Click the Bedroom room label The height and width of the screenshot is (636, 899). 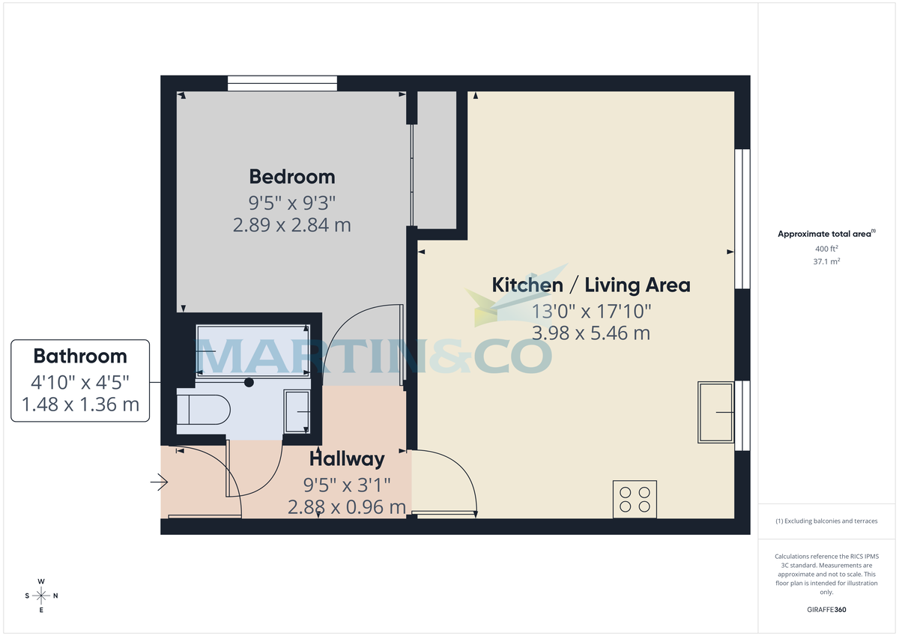292,177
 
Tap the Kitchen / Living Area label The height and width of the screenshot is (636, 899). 590,285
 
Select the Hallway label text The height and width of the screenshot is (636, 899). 347,458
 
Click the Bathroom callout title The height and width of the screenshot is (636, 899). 80,357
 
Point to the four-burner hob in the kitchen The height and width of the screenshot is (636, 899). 635,499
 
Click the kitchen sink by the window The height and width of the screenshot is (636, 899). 715,412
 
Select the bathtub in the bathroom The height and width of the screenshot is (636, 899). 252,351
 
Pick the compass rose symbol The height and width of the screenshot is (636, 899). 41,596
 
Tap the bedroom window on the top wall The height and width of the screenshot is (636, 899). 282,83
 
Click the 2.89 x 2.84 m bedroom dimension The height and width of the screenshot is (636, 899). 292,225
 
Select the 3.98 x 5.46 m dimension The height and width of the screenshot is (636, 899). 590,333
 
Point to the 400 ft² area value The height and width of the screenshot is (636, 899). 826,249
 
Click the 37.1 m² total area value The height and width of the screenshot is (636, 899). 826,261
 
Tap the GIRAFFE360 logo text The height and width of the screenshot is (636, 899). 826,611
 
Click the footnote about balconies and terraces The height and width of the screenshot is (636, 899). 826,521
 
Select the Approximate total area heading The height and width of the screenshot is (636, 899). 826,234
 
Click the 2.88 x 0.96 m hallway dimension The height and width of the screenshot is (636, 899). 347,507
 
